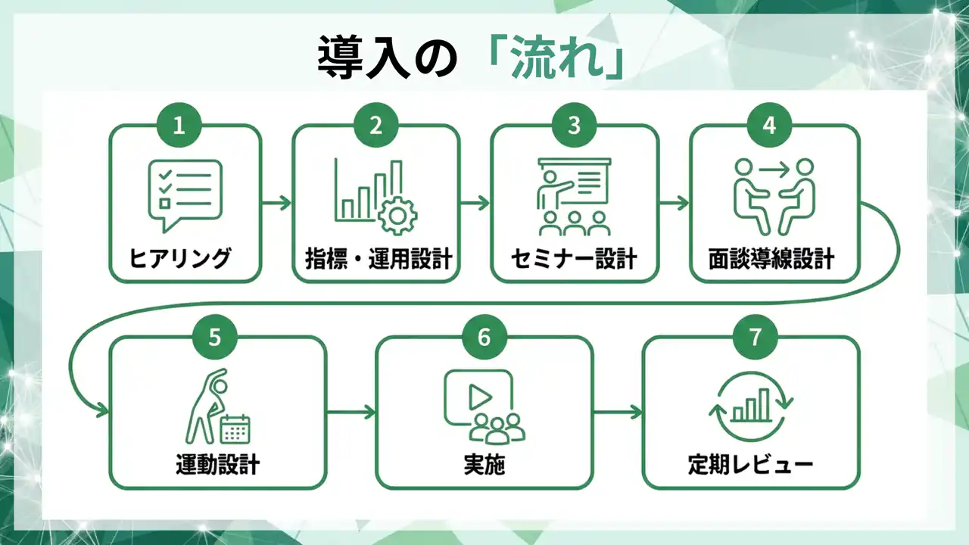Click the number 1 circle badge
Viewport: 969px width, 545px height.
click(x=179, y=126)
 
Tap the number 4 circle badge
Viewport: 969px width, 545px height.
click(x=769, y=126)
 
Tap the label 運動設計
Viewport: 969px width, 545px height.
click(x=217, y=463)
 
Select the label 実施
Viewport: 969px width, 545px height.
click(x=484, y=463)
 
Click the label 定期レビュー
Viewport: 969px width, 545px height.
click(x=750, y=463)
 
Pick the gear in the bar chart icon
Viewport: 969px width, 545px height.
click(x=397, y=216)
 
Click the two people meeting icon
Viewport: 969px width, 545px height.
click(x=774, y=196)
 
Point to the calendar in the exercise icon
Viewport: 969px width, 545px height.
click(x=235, y=428)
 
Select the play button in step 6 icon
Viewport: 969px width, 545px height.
click(x=477, y=395)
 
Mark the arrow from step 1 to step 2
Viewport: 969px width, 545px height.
click(x=276, y=203)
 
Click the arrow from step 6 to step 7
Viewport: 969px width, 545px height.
click(x=618, y=413)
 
